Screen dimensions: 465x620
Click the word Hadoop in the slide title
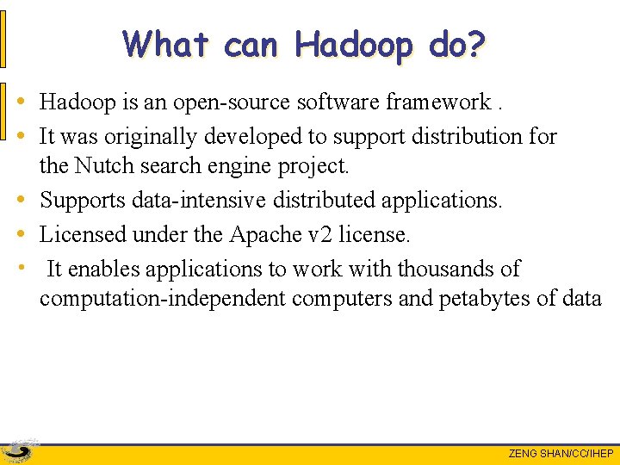pyautogui.click(x=354, y=44)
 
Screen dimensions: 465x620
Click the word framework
pyautogui.click(x=438, y=102)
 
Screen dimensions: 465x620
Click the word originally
pyautogui.click(x=147, y=136)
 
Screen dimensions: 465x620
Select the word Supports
pyautogui.click(x=83, y=200)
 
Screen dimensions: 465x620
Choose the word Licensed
pyautogui.click(x=82, y=234)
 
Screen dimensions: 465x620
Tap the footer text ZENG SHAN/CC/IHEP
pyautogui.click(x=561, y=454)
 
